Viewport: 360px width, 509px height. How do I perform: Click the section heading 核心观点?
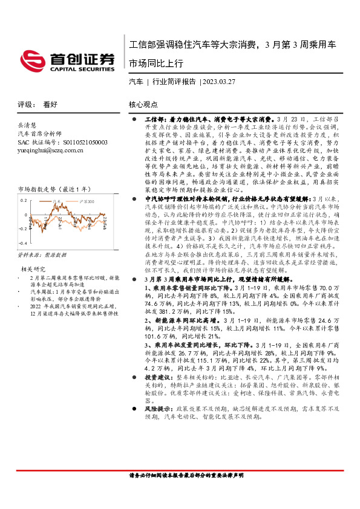pyautogui.click(x=144, y=104)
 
